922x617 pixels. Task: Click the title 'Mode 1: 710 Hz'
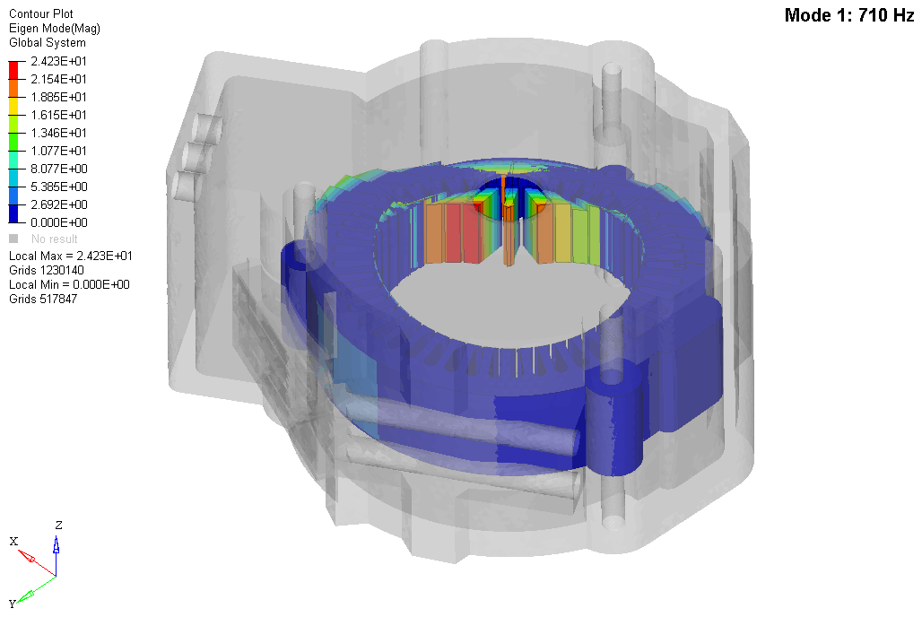point(849,15)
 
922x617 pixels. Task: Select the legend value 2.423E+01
point(59,61)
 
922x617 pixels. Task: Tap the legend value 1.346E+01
point(59,133)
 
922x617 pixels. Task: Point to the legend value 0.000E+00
point(59,222)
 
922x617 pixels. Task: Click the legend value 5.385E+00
point(59,187)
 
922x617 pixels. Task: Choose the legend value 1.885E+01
point(59,97)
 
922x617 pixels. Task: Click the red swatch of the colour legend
point(13,70)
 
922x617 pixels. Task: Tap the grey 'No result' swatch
point(13,239)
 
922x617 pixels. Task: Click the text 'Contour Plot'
point(41,14)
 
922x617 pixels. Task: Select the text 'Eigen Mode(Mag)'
point(55,28)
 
